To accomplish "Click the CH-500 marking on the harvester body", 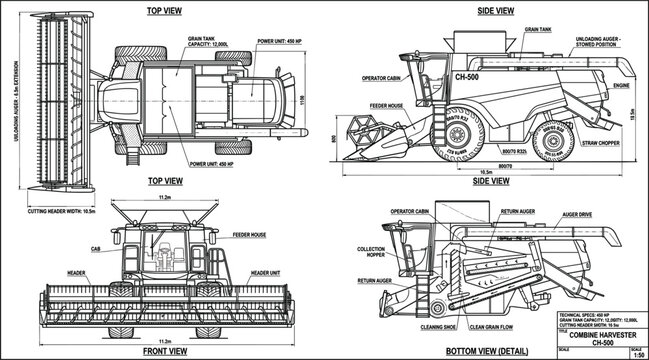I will tap(469, 77).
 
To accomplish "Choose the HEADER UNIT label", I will tap(265, 272).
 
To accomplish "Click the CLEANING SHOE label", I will tap(429, 325).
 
